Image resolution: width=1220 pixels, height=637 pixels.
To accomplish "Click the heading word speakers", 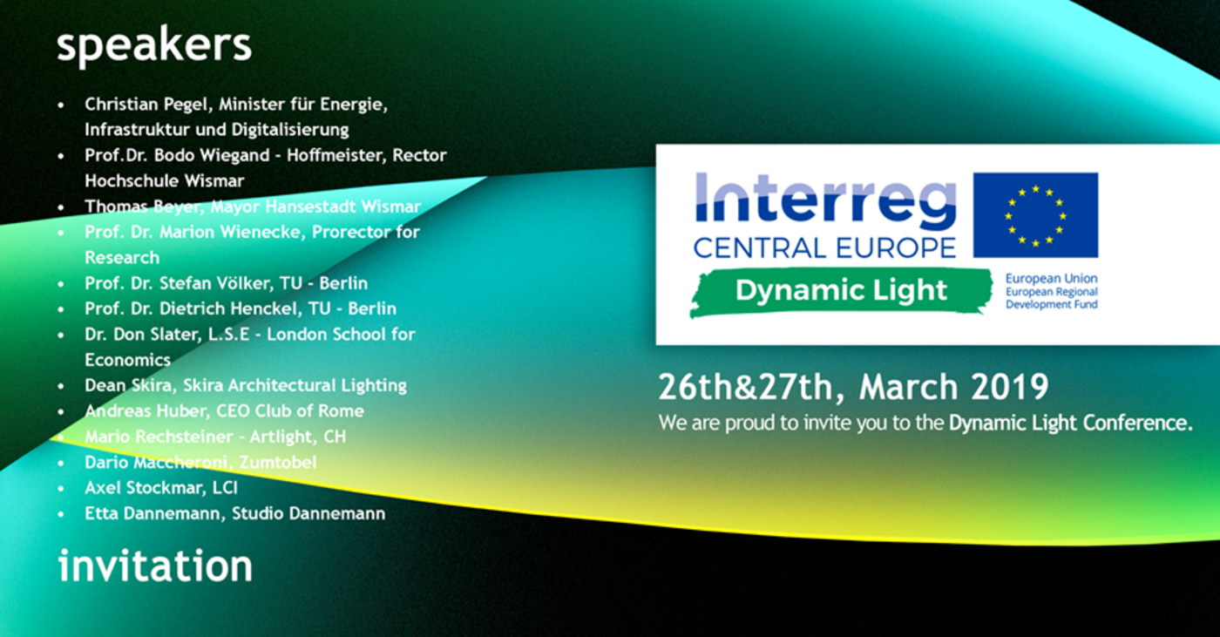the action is click(x=154, y=47).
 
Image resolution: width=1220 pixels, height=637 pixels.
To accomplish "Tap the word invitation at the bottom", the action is click(x=155, y=566).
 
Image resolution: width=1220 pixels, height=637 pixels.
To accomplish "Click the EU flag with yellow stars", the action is click(x=1035, y=215).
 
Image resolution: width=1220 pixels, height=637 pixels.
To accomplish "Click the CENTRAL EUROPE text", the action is click(x=824, y=248).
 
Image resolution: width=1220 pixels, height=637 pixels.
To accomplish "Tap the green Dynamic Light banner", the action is click(x=841, y=291).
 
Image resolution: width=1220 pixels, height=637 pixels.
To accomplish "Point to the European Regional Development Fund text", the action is click(x=1052, y=298).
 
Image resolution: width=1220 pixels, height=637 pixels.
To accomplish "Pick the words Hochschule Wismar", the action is click(x=165, y=180).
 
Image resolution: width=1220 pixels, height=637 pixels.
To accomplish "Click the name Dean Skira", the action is click(x=129, y=385).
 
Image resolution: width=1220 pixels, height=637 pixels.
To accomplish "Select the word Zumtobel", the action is click(x=278, y=462).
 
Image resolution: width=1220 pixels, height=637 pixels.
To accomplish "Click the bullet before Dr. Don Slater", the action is click(x=61, y=335).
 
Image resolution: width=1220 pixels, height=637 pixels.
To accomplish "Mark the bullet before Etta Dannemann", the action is click(x=61, y=514).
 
